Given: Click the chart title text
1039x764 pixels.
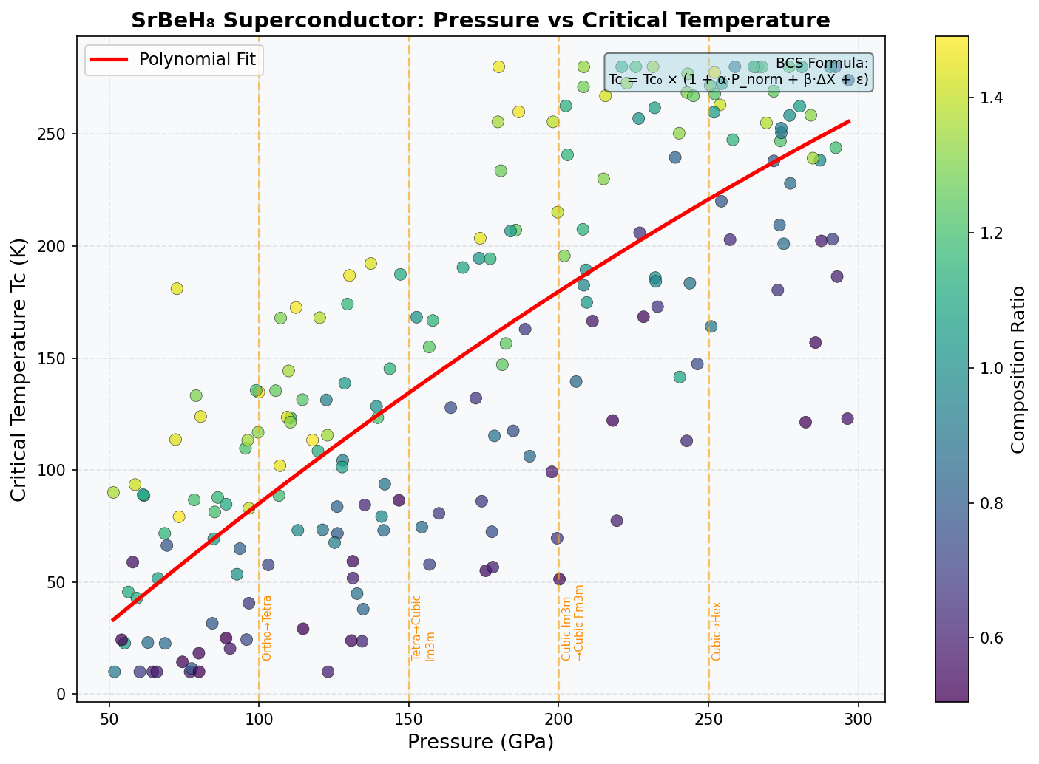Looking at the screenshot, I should (481, 20).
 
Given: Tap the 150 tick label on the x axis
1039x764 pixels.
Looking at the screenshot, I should (409, 717).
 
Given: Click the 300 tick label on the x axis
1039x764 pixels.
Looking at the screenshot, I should (858, 717).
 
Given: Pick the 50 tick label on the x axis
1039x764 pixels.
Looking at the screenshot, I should (109, 717).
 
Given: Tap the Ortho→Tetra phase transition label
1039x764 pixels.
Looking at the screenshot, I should (268, 627).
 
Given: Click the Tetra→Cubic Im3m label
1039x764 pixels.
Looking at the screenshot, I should (423, 627).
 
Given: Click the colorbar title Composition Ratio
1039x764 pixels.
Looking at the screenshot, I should (1018, 369).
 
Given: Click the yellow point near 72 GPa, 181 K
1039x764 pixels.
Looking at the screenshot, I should (177, 289).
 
